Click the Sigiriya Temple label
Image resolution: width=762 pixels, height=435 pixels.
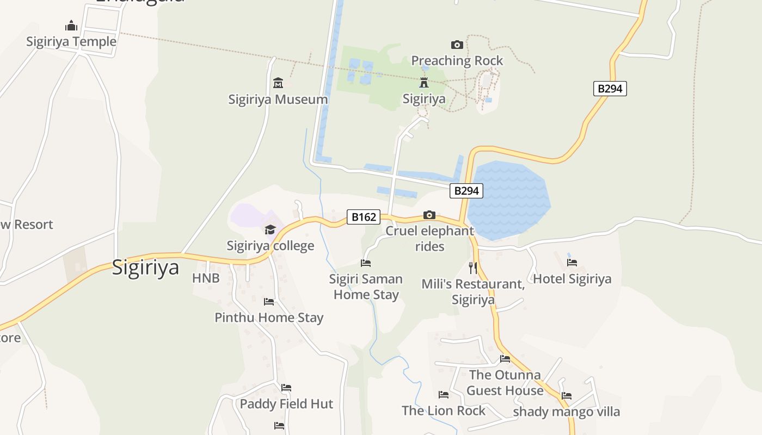[x=71, y=42]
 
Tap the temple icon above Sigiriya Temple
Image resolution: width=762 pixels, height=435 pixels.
[x=71, y=26]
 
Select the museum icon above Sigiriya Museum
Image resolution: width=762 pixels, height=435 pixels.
[x=278, y=83]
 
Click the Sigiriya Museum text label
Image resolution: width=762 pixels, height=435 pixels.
[x=278, y=100]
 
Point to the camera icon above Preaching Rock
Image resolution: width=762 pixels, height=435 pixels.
[x=457, y=45]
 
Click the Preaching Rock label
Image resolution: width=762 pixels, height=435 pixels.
[x=457, y=60]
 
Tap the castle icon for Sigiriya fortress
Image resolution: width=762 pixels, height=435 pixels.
[x=424, y=83]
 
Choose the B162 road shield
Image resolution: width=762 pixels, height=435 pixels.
[x=364, y=217]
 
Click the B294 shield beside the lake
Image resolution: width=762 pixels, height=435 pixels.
[x=466, y=190]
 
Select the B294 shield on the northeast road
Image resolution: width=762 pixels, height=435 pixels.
[x=610, y=89]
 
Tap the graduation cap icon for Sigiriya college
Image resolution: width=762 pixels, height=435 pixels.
[x=271, y=230]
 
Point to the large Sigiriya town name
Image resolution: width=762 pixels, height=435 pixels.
[x=145, y=268]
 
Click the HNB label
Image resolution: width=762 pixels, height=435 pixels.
[x=206, y=278]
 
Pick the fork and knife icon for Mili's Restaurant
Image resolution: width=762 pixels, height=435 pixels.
[x=473, y=268]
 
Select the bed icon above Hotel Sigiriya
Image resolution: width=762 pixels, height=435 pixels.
[x=572, y=263]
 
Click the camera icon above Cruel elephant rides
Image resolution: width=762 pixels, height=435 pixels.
[x=429, y=215]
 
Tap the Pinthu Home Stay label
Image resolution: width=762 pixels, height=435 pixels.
[x=269, y=318]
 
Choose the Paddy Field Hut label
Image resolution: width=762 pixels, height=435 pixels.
[x=286, y=404]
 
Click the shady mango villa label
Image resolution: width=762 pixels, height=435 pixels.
[x=566, y=412]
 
